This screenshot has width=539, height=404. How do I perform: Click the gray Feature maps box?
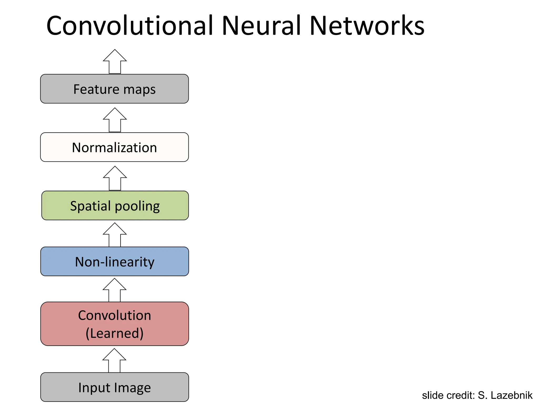pyautogui.click(x=114, y=89)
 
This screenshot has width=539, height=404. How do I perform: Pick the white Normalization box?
pyautogui.click(x=114, y=147)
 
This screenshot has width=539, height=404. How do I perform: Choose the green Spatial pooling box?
pyautogui.click(x=115, y=206)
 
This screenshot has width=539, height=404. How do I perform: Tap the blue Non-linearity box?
pyautogui.click(x=114, y=261)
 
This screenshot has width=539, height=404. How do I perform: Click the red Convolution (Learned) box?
pyautogui.click(x=114, y=324)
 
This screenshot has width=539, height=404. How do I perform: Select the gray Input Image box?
pyautogui.click(x=114, y=387)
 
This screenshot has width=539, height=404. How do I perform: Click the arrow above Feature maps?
pyautogui.click(x=115, y=62)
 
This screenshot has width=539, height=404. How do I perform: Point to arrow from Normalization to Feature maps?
pyautogui.click(x=115, y=120)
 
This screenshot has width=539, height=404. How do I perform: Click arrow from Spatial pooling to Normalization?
pyautogui.click(x=115, y=179)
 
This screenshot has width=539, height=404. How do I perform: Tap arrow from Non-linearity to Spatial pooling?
pyautogui.click(x=115, y=235)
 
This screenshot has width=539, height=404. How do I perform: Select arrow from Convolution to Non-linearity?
pyautogui.click(x=114, y=290)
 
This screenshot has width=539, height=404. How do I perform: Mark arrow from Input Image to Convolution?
pyautogui.click(x=114, y=361)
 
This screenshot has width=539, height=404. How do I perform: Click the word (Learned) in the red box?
pyautogui.click(x=114, y=333)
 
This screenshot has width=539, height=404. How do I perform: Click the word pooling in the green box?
pyautogui.click(x=137, y=206)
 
